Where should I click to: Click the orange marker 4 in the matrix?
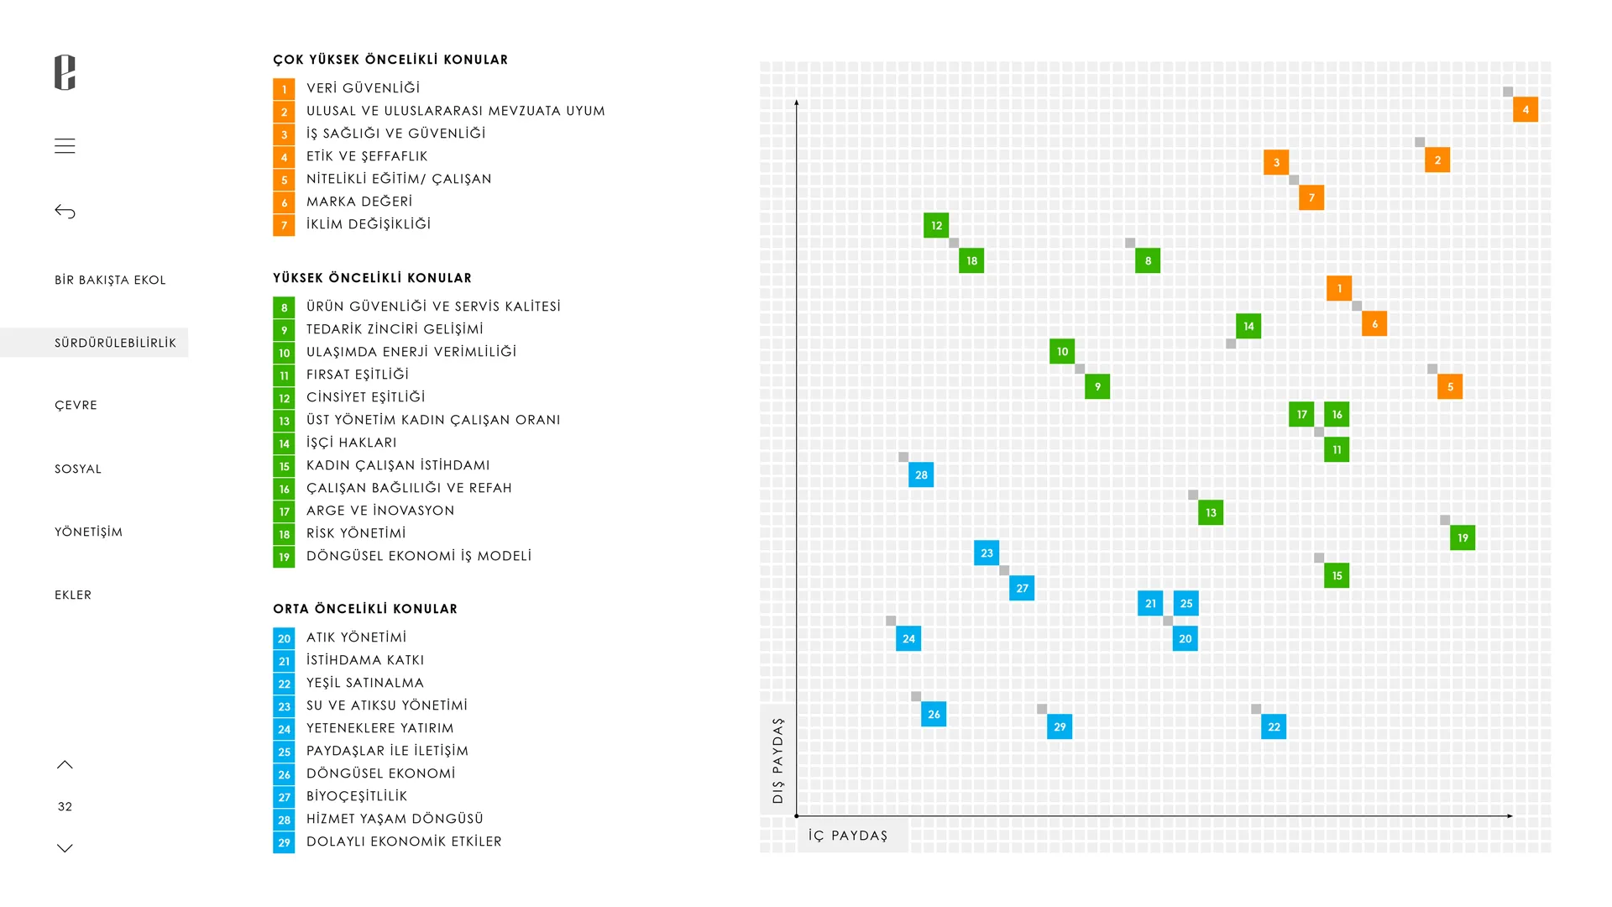pos(1526,109)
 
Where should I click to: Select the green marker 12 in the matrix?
pos(936,225)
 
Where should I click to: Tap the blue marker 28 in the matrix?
pos(921,474)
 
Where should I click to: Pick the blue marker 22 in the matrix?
pos(1274,726)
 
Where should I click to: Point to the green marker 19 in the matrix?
pos(1463,537)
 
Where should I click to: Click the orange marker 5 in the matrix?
pos(1450,386)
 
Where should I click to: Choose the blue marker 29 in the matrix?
pos(1060,726)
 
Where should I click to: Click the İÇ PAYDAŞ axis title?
pos(848,836)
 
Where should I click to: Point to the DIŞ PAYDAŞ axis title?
pos(777,760)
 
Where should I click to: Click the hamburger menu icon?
pos(65,146)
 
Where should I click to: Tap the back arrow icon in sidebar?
pos(65,212)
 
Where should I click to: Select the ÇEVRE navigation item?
pos(76,405)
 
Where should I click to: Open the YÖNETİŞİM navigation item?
pos(88,532)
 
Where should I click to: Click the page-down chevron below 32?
pos(65,848)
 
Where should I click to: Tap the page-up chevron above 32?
pos(65,764)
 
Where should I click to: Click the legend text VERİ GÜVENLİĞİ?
pos(363,88)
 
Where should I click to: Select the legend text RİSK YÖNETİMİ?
pos(356,533)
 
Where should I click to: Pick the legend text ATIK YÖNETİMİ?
pos(356,637)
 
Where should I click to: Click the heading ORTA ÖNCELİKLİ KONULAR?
pos(365,609)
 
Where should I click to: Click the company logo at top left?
pos(65,72)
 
